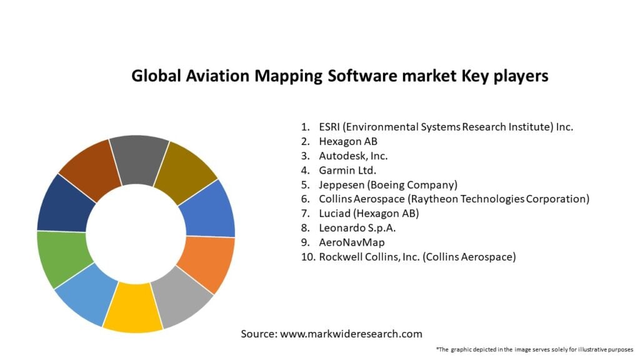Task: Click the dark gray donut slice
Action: coord(139,159)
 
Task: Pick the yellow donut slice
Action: coord(132,307)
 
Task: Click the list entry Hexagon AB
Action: coord(347,141)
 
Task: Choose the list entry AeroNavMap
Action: coord(351,242)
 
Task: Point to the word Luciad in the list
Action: coord(335,213)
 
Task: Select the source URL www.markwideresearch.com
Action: coord(351,334)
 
